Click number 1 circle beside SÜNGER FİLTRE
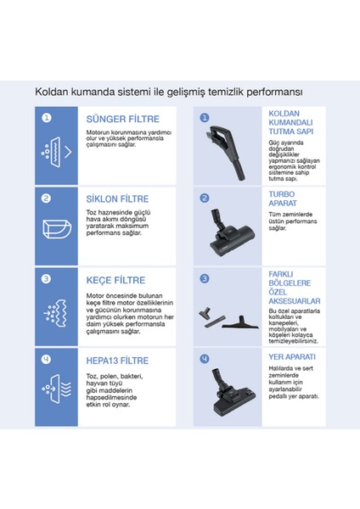point(47,118)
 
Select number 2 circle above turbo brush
point(205,199)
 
